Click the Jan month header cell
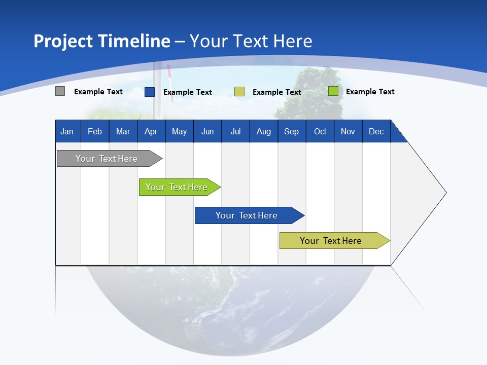[x=67, y=131]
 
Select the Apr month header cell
[x=151, y=131]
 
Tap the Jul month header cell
[x=235, y=131]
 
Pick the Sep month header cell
[x=291, y=131]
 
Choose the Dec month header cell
[x=376, y=131]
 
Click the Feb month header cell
[x=95, y=131]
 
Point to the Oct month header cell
[x=320, y=131]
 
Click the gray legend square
[x=60, y=91]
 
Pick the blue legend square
[x=150, y=92]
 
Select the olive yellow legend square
[x=239, y=92]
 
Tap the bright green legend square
[x=333, y=91]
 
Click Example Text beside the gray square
[x=98, y=92]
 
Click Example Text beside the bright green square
[x=370, y=92]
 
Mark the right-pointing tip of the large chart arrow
[x=445, y=193]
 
